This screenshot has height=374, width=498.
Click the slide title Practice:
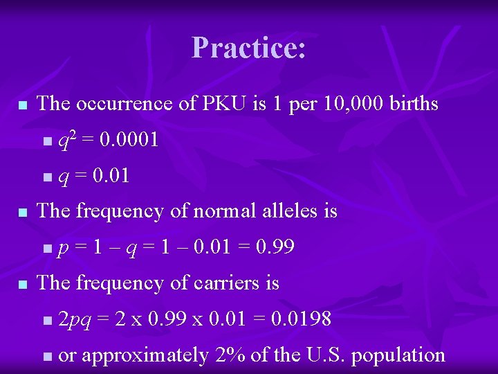point(249,48)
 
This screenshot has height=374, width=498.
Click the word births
point(414,104)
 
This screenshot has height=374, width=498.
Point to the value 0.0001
point(129,141)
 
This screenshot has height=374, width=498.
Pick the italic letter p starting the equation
point(63,249)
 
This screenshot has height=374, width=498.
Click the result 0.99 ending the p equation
point(276,247)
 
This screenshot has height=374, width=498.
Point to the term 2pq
point(75,320)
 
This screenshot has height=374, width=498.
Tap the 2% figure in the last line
point(228,355)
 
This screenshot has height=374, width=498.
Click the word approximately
point(145,356)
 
